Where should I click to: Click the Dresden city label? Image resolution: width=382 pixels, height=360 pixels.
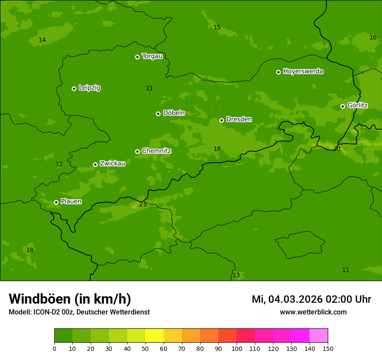[x=239, y=119]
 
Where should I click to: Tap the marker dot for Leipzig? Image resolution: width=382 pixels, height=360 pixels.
[x=74, y=88]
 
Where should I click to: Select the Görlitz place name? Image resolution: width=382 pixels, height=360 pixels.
[x=357, y=105]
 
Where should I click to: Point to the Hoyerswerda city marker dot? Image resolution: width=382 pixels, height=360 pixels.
[x=278, y=72]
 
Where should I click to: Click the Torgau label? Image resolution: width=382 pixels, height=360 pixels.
[x=152, y=56]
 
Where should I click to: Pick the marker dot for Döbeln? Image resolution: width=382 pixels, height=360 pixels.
[x=158, y=114]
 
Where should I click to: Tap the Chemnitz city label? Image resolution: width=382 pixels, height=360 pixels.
[x=156, y=151]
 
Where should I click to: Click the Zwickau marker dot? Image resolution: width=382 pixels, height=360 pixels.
[x=95, y=164]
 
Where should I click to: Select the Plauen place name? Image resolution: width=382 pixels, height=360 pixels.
[x=71, y=202]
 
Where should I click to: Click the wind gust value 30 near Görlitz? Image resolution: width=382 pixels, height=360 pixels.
[x=337, y=149]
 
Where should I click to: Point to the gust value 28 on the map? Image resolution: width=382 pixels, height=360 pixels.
[x=143, y=204]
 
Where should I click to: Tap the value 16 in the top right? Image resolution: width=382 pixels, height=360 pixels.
[x=373, y=37]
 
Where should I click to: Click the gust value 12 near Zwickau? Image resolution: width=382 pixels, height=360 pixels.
[x=59, y=164]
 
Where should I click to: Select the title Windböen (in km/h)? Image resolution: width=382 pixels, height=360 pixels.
[x=70, y=299]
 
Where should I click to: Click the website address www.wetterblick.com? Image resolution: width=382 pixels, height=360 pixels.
[x=313, y=312]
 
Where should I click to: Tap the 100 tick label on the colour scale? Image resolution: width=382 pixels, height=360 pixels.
[x=237, y=348]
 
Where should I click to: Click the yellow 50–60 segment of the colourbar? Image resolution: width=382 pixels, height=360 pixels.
[x=155, y=336]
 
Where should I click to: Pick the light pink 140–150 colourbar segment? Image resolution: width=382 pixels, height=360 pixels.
[x=319, y=336]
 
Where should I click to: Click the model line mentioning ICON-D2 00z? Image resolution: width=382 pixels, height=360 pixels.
[x=79, y=312]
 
